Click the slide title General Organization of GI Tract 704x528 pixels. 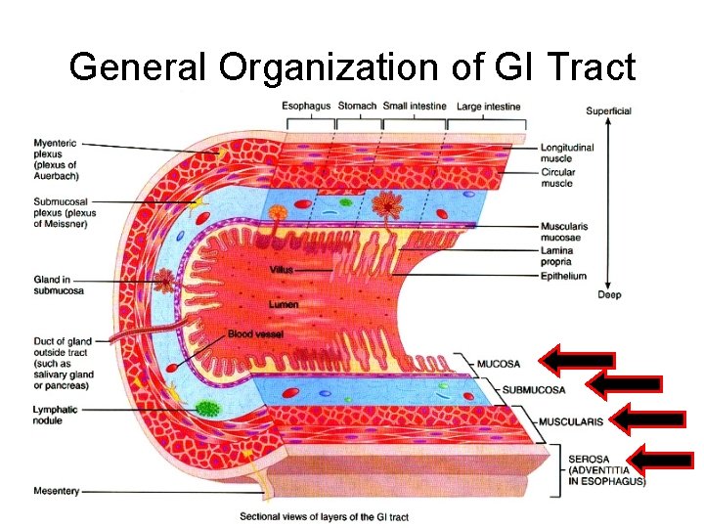pyautogui.click(x=352, y=66)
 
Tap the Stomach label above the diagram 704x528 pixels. pyautogui.click(x=357, y=106)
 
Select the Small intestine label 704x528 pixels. pyautogui.click(x=415, y=106)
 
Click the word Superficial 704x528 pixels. pyautogui.click(x=608, y=110)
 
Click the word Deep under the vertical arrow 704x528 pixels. pyautogui.click(x=608, y=294)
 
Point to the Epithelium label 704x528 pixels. pyautogui.click(x=563, y=276)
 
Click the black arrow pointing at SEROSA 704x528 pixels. pyautogui.click(x=661, y=458)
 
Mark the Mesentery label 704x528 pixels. pyautogui.click(x=56, y=491)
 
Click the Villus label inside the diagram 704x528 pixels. pyautogui.click(x=283, y=269)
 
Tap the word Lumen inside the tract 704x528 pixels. pyautogui.click(x=284, y=305)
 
